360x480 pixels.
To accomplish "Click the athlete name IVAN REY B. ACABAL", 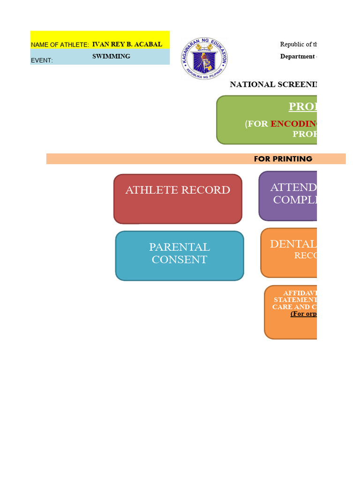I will [127, 45].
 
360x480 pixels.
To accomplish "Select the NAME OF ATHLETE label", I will [60, 45].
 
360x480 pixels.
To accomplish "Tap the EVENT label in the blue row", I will [42, 60].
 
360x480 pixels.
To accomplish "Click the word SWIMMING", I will [111, 56].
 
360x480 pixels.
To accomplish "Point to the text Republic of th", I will [299, 45].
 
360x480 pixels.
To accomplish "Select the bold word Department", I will [298, 57].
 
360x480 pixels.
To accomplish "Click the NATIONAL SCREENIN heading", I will [273, 84].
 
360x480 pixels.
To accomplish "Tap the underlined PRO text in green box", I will [302, 107].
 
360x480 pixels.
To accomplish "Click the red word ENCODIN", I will [293, 124].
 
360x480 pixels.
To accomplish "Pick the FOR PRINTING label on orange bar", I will [283, 159].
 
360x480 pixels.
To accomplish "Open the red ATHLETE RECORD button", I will [178, 199].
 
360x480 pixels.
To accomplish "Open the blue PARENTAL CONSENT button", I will [180, 255].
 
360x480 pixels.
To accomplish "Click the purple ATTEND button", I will [288, 195].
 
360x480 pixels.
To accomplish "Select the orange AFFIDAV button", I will [291, 312].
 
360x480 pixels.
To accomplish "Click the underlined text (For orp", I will [303, 314].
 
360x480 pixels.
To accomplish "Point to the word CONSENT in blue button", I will [180, 260].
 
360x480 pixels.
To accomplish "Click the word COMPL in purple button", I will [294, 200].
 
